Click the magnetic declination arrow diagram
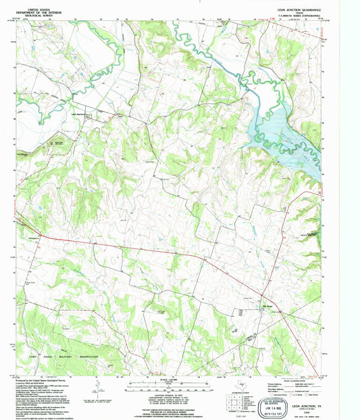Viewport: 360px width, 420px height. [99, 388]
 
